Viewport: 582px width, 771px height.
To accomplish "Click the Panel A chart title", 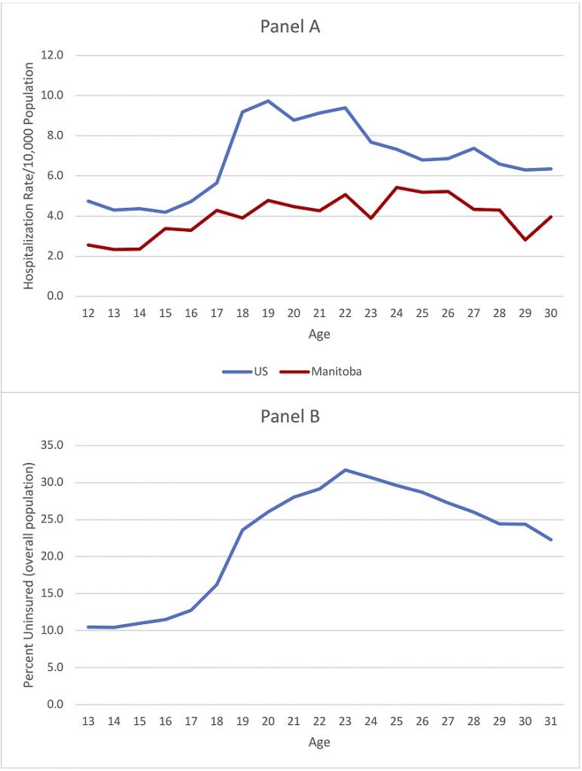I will pos(291,26).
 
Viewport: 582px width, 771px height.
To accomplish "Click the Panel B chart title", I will pos(291,416).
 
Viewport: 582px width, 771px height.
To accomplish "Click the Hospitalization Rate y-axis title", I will pos(29,175).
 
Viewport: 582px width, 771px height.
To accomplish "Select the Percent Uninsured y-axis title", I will pos(29,574).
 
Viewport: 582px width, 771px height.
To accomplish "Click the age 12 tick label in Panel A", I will pos(88,313).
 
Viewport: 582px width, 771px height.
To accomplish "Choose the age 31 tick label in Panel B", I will pos(550,721).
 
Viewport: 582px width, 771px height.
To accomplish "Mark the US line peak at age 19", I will pos(269,101).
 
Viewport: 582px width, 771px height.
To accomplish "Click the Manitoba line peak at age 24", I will pos(396,187).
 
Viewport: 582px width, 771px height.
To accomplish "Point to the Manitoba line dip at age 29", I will pos(525,239).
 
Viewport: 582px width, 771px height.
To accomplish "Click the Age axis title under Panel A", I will pos(319,334).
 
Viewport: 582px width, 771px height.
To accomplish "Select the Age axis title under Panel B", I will pos(319,742).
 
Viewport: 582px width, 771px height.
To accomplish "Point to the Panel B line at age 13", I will pos(88,627).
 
